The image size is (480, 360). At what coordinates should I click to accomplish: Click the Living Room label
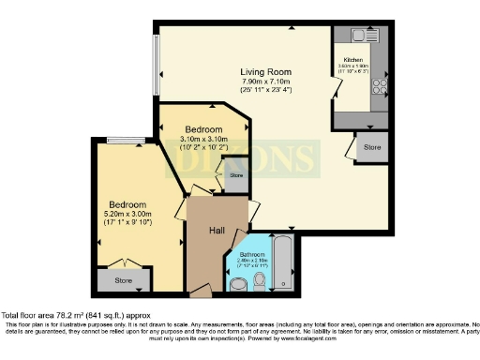[265, 71]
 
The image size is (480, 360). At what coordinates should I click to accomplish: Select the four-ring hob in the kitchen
[380, 86]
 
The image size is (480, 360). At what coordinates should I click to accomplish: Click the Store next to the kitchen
[372, 146]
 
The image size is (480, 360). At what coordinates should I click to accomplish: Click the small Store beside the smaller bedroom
[235, 175]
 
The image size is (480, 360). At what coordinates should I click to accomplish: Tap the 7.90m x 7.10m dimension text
[265, 82]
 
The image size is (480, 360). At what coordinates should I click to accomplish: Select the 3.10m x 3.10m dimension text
[202, 140]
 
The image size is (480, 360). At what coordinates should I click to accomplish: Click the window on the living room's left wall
[156, 65]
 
